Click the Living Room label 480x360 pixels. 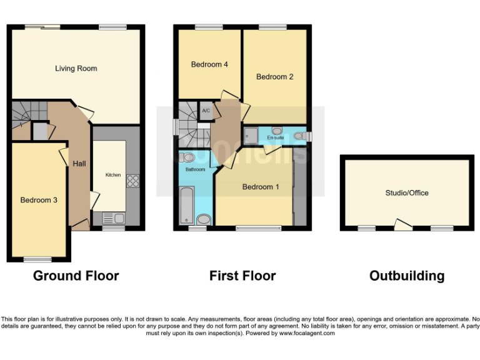point(76,68)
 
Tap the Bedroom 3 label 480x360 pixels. point(39,200)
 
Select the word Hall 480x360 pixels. point(79,164)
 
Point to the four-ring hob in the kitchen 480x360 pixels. point(132,181)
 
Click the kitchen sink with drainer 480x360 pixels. point(114,218)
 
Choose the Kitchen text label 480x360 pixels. point(112,175)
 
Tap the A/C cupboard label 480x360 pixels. point(206,111)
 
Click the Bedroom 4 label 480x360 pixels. point(209,64)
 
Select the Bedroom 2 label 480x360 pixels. point(274,77)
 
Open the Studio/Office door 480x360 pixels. point(404,224)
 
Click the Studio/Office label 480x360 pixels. point(407,193)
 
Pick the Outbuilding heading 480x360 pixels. point(407,276)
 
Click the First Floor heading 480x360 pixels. point(242,276)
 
